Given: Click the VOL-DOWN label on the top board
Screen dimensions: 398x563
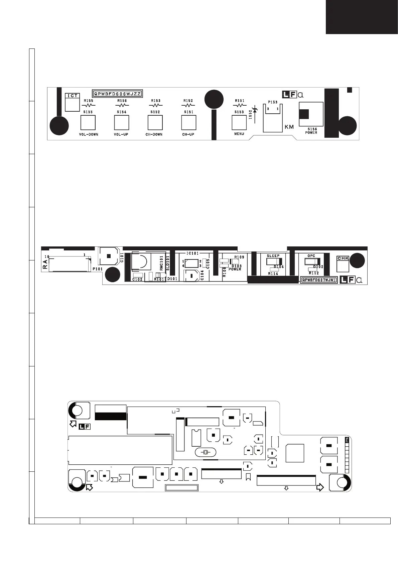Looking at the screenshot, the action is click(89, 134).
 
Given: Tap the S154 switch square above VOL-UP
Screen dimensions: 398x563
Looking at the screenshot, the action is click(121, 123).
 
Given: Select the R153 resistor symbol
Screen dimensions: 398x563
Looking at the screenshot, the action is click(155, 105).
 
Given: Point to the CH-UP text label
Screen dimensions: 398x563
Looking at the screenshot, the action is click(188, 134).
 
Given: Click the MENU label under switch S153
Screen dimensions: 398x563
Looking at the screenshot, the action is click(239, 134).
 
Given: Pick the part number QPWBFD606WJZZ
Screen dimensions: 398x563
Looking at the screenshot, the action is click(117, 94).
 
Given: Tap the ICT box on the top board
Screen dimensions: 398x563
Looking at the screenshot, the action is click(73, 96).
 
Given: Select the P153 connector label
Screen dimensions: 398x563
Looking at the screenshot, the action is click(273, 102).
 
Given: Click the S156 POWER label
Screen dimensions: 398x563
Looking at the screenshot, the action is click(311, 131).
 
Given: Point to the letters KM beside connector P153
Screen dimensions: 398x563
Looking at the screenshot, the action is click(289, 127).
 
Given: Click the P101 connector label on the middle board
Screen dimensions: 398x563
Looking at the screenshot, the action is click(98, 268).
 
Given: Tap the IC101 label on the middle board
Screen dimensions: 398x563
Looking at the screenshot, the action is click(192, 253).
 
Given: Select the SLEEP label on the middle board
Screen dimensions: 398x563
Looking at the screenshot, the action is click(273, 256).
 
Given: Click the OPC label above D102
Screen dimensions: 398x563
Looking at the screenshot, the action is click(311, 256).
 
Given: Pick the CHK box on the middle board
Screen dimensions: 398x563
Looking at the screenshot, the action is click(343, 258).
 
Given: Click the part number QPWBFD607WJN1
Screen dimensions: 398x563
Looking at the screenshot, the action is click(319, 280).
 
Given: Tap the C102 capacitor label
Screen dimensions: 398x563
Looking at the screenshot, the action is click(137, 279).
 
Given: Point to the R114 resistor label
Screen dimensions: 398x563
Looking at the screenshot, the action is click(273, 273).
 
